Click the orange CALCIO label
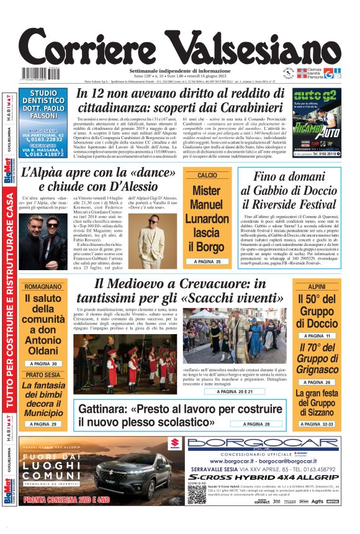click(207, 176)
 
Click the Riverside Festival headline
click(289, 192)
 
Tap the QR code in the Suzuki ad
click(197, 494)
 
